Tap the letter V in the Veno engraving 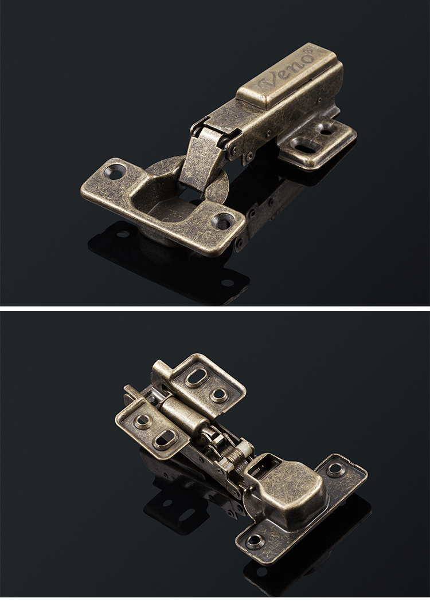(268, 82)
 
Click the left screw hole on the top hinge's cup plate (116, 170)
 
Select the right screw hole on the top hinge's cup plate (222, 220)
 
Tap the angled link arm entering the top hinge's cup (201, 158)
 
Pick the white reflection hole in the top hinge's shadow (227, 283)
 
